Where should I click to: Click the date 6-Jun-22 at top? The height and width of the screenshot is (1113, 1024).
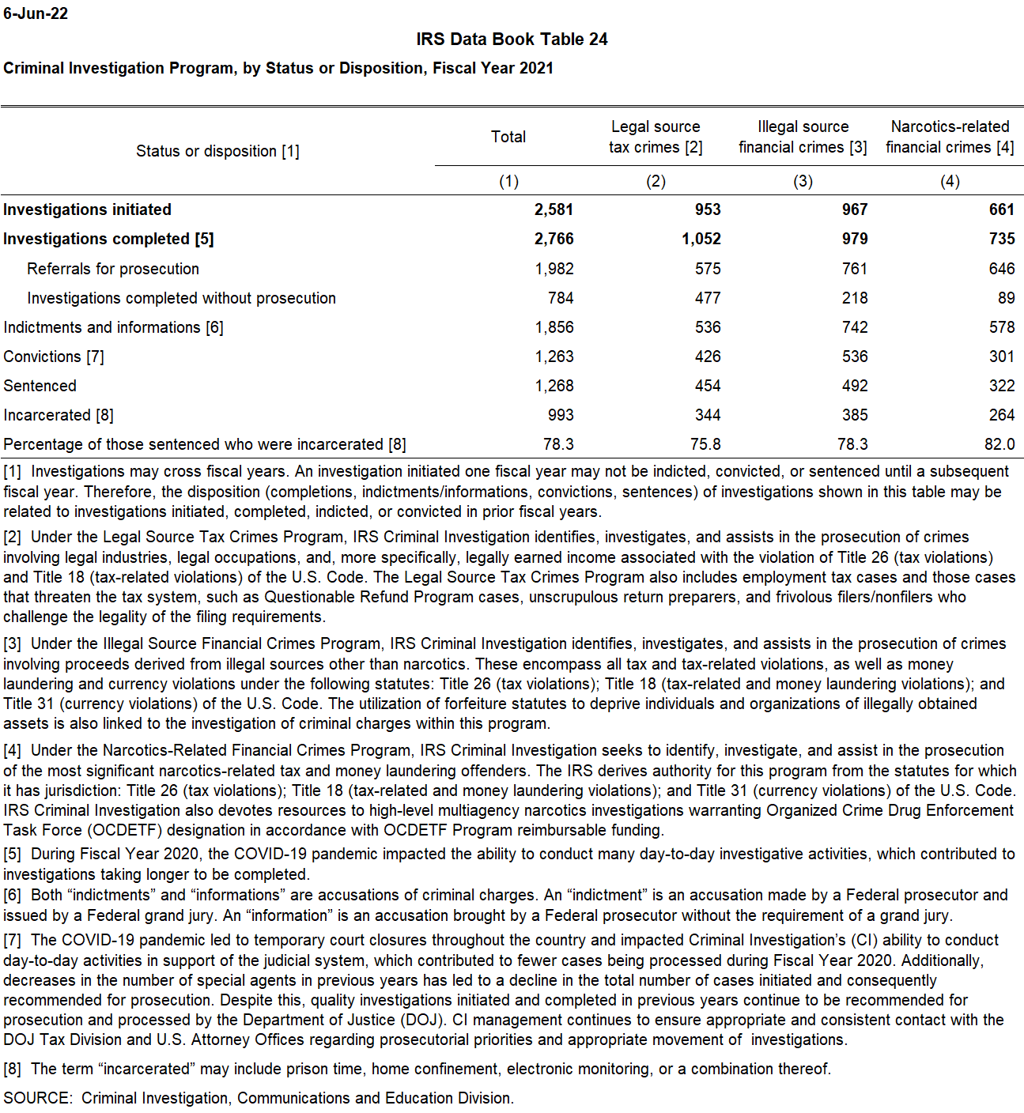tap(36, 13)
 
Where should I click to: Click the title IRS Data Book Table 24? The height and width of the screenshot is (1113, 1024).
tap(512, 40)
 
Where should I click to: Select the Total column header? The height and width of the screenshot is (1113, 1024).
tap(508, 137)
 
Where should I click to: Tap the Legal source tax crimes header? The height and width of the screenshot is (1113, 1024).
tap(656, 137)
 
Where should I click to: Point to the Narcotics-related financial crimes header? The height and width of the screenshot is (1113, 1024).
tap(950, 137)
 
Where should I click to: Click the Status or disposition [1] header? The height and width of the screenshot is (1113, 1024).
tap(217, 151)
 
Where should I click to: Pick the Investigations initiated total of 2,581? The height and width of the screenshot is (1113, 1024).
tap(554, 209)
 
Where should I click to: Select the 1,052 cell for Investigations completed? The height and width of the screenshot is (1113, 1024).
tap(701, 239)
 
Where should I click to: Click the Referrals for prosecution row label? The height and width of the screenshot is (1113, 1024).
tap(113, 269)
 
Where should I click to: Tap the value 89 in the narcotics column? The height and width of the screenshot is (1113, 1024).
tap(1006, 298)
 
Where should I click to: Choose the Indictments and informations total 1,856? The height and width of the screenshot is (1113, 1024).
tap(554, 327)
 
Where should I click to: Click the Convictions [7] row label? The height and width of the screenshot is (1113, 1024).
tap(54, 357)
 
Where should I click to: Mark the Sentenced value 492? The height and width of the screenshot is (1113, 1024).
tap(854, 386)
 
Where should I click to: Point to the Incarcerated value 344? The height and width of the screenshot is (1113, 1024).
tap(707, 415)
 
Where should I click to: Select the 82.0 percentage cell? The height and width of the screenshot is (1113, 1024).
tap(999, 444)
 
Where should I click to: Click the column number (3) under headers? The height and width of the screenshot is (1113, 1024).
tap(803, 181)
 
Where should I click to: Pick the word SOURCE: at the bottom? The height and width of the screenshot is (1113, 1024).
tap(38, 1098)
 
